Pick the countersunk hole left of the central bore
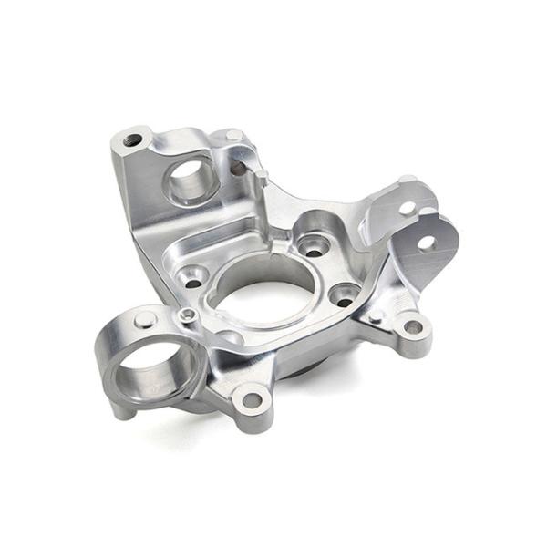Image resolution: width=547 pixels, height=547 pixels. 192,277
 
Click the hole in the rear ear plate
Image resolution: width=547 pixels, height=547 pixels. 408,208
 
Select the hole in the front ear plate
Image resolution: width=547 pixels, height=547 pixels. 425,243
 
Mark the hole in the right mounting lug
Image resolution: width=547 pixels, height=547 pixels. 413,326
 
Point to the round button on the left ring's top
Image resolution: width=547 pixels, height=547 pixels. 144,320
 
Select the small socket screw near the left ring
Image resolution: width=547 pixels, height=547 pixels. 186,315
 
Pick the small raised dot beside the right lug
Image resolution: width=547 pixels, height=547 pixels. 376,316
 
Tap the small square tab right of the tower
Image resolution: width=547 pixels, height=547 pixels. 261,177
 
